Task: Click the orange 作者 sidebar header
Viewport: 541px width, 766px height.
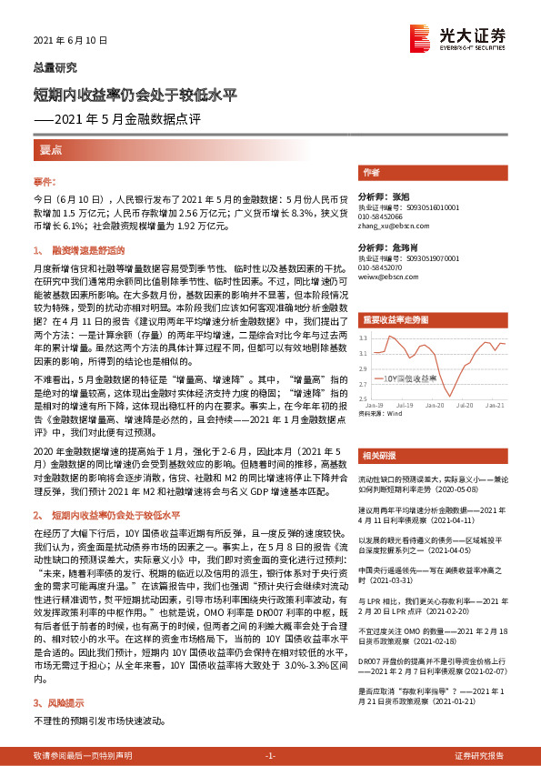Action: (x=372, y=172)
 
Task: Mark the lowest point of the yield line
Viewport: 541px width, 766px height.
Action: (x=449, y=394)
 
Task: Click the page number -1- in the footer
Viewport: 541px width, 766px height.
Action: (x=270, y=756)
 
